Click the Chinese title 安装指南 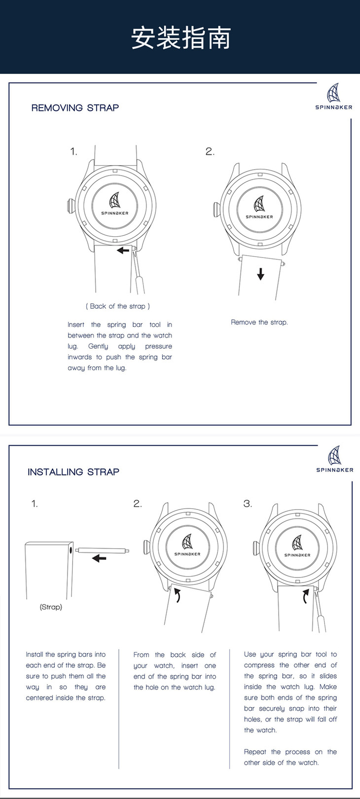tap(180, 38)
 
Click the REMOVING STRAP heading tap(75, 108)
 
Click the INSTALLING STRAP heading tap(73, 472)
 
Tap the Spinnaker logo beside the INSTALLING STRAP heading tap(335, 459)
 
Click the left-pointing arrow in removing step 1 tap(123, 251)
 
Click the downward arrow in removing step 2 tap(260, 274)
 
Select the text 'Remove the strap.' tap(259, 323)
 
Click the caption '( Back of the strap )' tap(118, 306)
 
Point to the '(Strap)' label tap(51, 607)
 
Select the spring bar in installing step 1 tap(103, 549)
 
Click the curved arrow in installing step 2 tap(178, 595)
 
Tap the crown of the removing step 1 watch tap(70, 206)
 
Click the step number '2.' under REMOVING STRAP tap(210, 152)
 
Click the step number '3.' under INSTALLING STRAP tap(248, 504)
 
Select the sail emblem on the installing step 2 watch tap(188, 542)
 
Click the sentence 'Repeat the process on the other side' tap(290, 757)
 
